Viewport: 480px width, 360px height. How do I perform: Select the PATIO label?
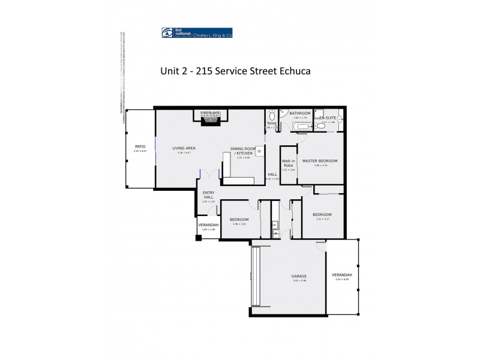coord(140,146)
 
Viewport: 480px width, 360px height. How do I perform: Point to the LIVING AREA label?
coord(184,148)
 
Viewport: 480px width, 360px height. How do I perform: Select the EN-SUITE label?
coord(328,118)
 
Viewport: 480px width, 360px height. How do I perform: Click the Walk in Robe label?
coord(289,163)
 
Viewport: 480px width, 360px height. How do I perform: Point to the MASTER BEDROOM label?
coord(320,161)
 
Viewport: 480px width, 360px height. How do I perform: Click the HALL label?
coord(272,175)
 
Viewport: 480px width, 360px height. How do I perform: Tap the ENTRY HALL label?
coord(208,194)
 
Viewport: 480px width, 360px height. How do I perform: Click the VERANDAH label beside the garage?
coord(342,275)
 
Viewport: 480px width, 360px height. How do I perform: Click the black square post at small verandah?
coord(197,238)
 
